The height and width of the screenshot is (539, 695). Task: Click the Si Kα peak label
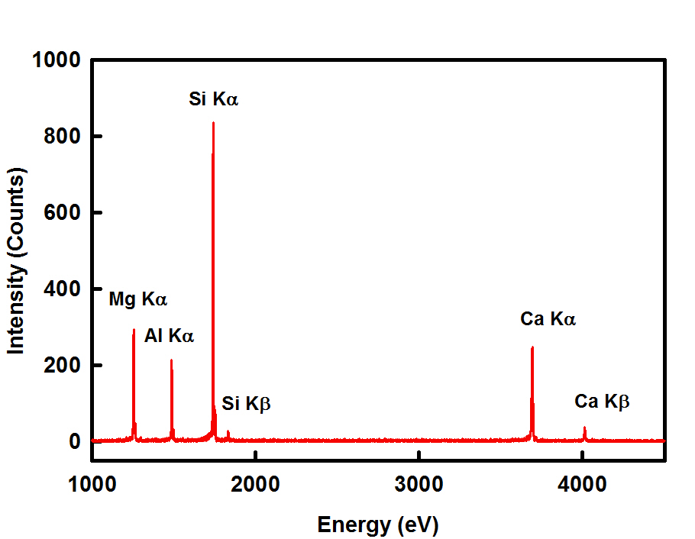coord(214,98)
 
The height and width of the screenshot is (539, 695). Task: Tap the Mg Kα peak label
coord(137,299)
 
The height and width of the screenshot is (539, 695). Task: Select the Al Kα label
coord(169,335)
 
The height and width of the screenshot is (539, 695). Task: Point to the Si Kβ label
coord(247,404)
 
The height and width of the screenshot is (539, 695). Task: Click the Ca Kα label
coord(548,319)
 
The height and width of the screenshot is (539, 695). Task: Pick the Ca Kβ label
coord(602,402)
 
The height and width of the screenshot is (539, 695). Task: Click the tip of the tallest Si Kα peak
coord(213,123)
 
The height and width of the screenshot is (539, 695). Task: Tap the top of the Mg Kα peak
coord(134,330)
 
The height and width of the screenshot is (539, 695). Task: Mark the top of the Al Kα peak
coord(171,360)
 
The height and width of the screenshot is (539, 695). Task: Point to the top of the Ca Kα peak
coord(532,347)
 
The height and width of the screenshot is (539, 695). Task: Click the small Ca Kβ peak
coord(584,428)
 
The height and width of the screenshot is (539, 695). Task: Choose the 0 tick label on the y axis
coord(75,442)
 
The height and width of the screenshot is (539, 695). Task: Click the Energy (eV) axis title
coord(378,524)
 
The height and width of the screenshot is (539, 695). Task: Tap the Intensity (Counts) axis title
coord(17,260)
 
